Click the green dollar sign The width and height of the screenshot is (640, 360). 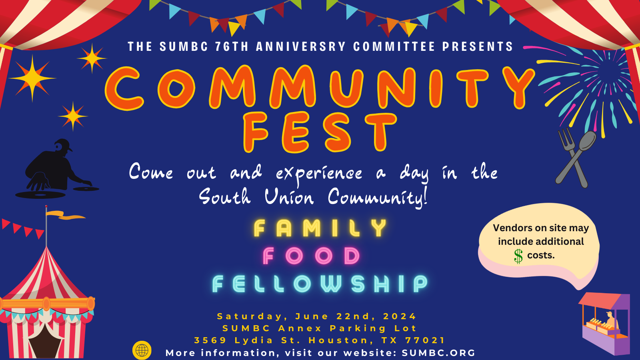[x=518, y=256]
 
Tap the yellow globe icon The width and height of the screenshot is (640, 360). [x=142, y=350]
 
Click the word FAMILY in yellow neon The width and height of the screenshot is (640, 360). [x=320, y=228]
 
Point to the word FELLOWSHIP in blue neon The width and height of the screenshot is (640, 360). [x=320, y=284]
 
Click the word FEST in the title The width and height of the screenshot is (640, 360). [x=320, y=132]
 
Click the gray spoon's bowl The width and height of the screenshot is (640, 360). [x=587, y=140]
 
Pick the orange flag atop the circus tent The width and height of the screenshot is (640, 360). [x=66, y=215]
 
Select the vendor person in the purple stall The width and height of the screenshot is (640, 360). [x=612, y=321]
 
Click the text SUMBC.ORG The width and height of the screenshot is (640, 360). [x=438, y=353]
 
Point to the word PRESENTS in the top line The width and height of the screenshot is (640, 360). [x=478, y=46]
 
